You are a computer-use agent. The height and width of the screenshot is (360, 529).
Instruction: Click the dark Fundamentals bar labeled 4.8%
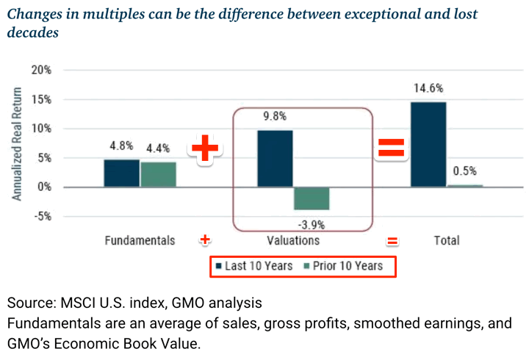click(121, 173)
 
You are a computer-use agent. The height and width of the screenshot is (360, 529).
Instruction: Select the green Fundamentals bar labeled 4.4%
click(158, 175)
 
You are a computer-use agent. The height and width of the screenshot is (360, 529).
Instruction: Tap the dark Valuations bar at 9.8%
click(275, 159)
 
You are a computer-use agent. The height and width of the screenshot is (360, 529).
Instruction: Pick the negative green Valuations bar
click(312, 198)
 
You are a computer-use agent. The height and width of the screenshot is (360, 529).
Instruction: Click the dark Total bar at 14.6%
click(428, 144)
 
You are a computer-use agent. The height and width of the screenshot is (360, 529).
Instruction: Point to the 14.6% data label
click(428, 88)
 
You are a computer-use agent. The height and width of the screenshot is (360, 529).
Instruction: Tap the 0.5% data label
click(464, 170)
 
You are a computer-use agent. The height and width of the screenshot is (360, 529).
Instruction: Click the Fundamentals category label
click(140, 240)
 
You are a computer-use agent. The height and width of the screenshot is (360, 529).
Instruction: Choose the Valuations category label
click(293, 240)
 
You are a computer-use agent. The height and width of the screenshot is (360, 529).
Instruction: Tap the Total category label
click(446, 240)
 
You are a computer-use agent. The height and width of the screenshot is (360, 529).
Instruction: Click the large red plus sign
click(206, 149)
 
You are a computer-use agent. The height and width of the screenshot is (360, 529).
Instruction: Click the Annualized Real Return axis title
click(18, 143)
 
